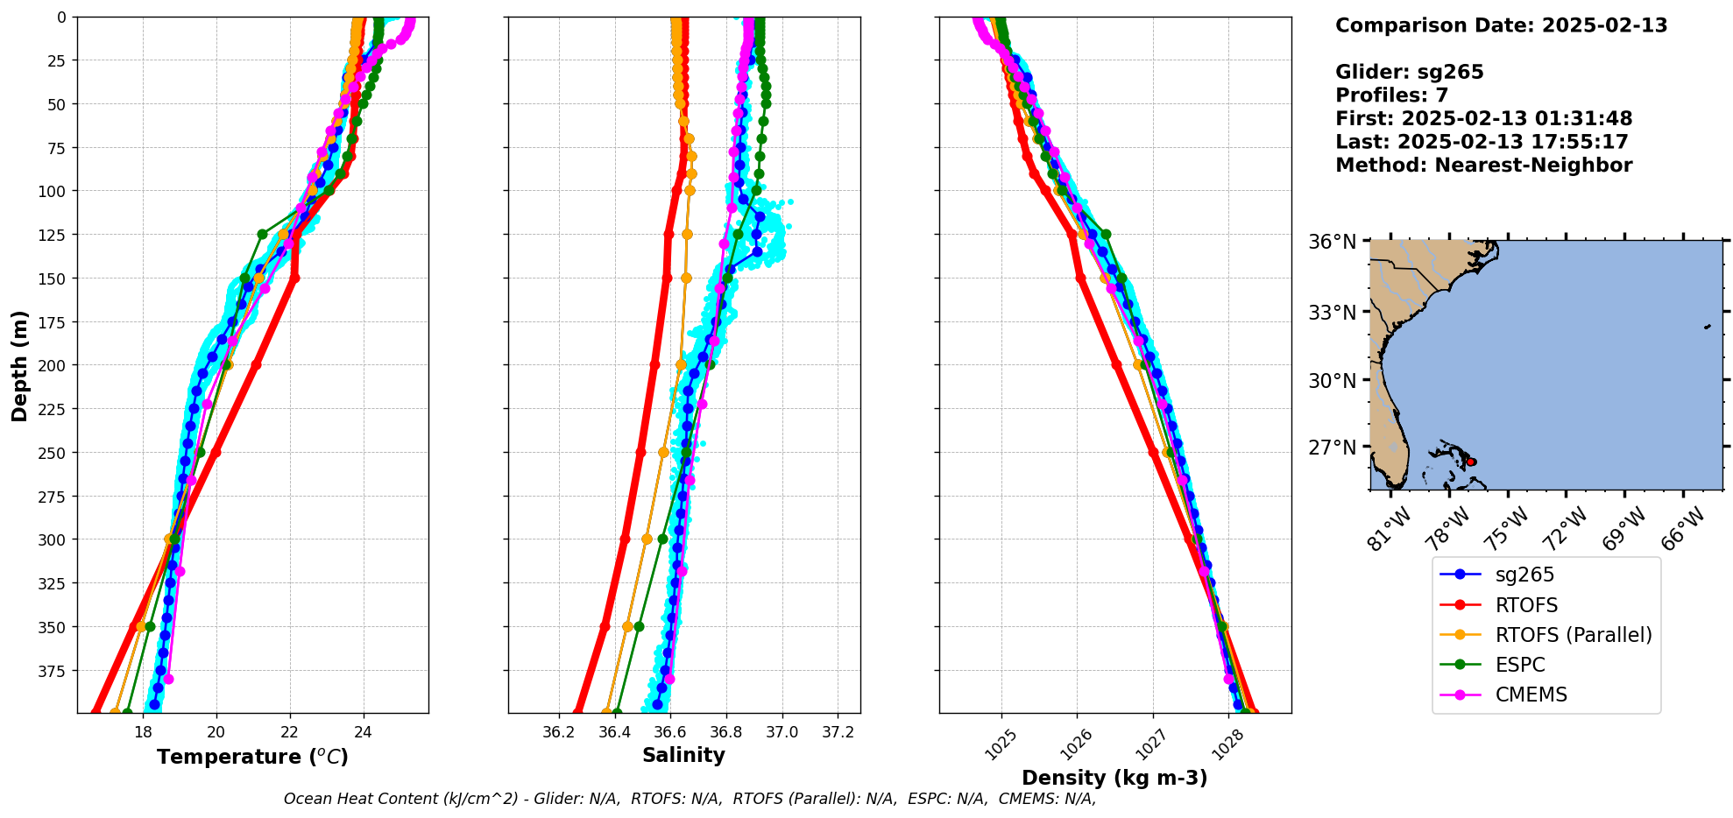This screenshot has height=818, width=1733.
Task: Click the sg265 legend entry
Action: coord(1524,575)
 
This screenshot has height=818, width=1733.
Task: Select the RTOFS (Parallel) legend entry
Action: coord(1574,635)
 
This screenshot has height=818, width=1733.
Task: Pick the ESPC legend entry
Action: coord(1520,665)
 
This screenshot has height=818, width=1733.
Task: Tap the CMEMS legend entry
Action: coord(1531,695)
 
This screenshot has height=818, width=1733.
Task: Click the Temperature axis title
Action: coord(252,757)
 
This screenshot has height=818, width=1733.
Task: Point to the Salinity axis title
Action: coord(683,755)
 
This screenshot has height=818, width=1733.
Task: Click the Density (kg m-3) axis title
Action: coord(1114,778)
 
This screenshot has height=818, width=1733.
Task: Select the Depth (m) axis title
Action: coord(19,365)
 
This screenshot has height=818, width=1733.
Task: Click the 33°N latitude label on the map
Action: coord(1332,313)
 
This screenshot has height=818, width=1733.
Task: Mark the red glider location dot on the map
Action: coord(1471,462)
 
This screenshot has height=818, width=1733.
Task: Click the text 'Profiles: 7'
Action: coord(1391,95)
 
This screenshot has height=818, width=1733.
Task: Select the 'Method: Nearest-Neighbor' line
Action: coord(1483,166)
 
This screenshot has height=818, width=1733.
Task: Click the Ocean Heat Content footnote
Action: coord(690,799)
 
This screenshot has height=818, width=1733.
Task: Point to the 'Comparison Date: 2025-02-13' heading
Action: coord(1501,25)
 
